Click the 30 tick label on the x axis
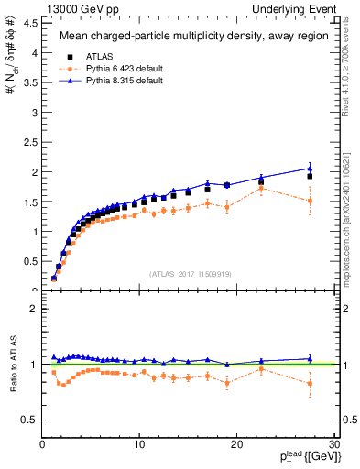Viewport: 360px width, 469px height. pos(333,443)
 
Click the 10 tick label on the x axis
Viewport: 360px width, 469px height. pos(139,443)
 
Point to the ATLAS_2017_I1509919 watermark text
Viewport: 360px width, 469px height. pos(189,272)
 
